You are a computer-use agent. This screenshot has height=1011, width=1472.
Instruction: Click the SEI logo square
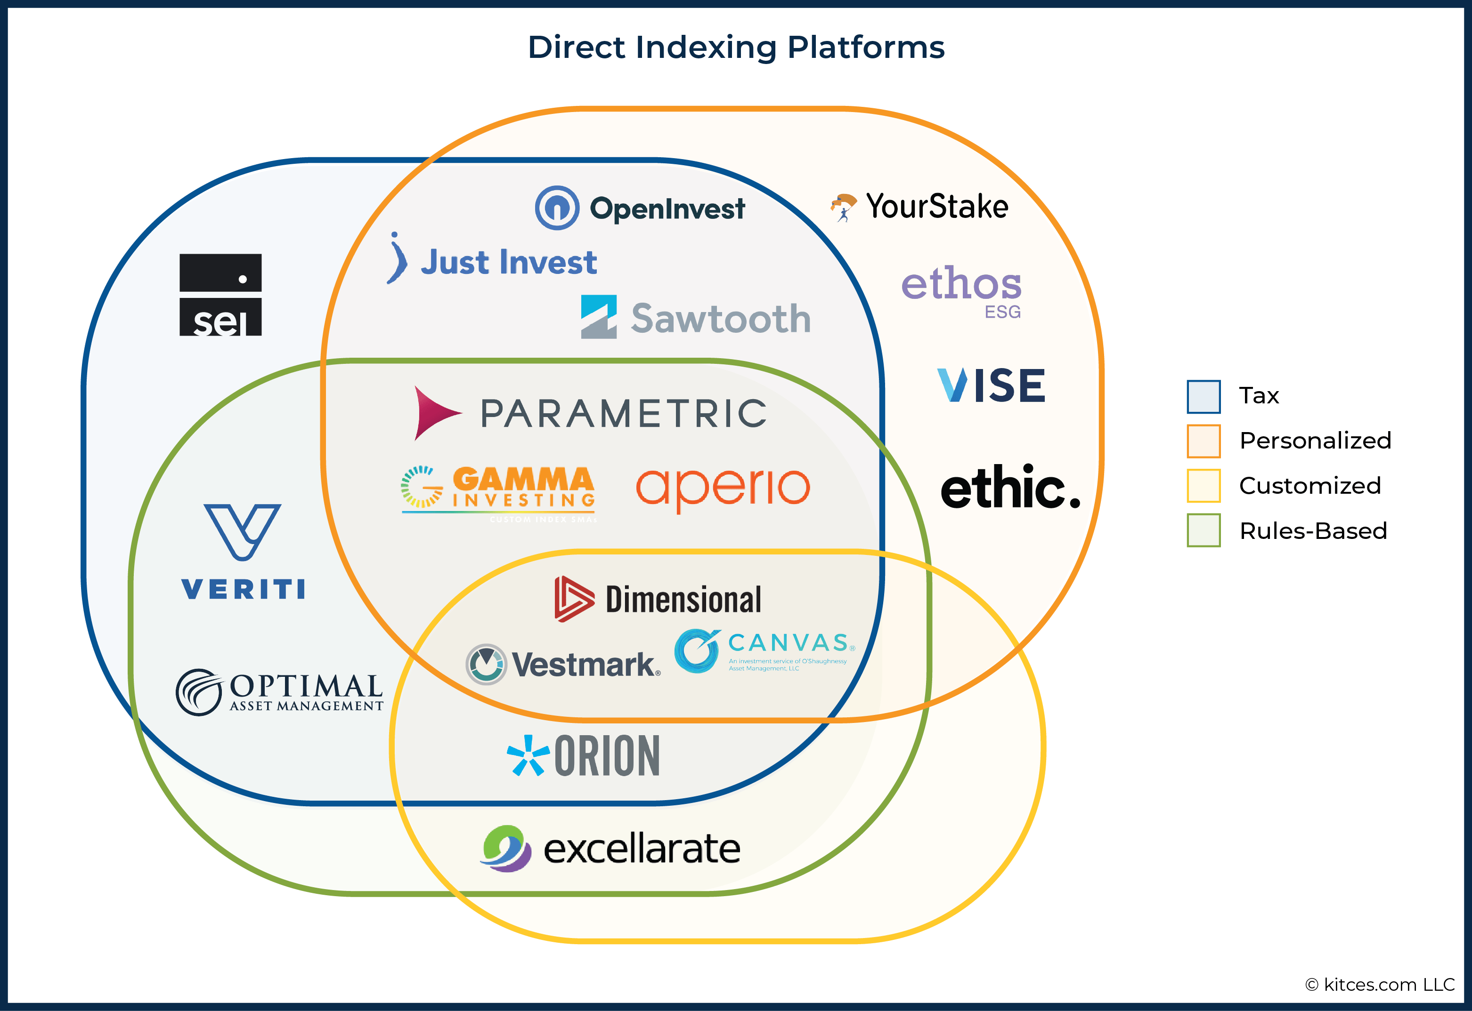pos(220,295)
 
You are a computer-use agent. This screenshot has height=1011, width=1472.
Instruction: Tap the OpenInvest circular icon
pos(557,208)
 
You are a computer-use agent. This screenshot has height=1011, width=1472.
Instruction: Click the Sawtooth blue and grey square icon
pos(598,317)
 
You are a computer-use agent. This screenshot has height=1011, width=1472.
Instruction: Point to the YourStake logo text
pos(936,207)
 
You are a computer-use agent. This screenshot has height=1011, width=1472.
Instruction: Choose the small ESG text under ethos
pos(1002,312)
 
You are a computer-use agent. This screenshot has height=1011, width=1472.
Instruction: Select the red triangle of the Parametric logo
pos(435,413)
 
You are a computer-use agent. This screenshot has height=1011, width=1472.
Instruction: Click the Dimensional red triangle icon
pos(573,599)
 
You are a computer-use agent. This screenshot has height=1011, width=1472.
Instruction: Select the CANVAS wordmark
pos(788,643)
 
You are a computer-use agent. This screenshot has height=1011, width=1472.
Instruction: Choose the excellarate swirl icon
pos(505,848)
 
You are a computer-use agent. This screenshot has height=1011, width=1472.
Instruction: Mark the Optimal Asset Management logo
pos(279,692)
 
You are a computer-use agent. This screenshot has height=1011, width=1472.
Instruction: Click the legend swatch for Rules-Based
pos(1203,530)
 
